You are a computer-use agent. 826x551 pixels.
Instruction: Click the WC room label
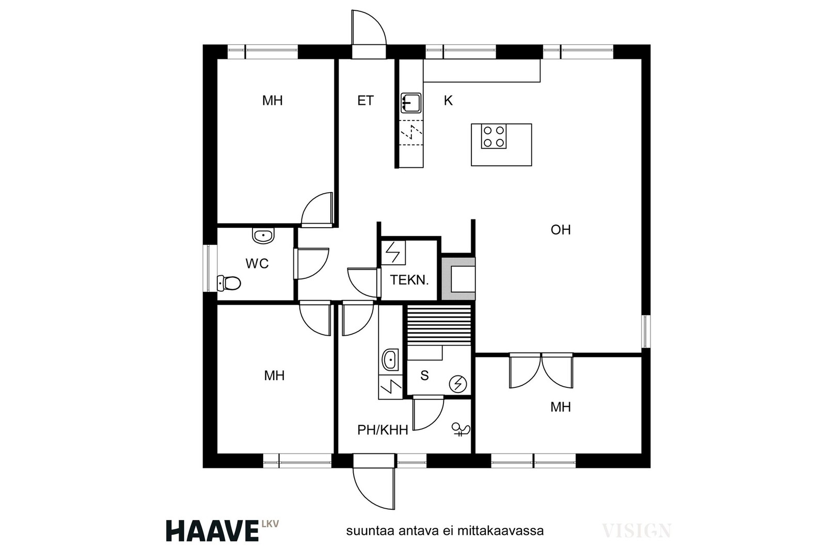[257, 263]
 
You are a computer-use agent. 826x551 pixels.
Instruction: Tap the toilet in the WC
[229, 283]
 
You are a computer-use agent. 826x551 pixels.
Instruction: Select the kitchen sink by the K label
[411, 103]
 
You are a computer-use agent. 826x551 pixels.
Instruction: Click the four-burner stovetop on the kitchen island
[494, 136]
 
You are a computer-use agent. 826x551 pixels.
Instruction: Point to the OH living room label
[561, 230]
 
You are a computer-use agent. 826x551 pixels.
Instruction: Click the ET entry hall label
[366, 100]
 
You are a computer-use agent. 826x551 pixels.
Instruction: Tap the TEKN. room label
[409, 280]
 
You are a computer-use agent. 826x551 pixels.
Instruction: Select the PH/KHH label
[383, 430]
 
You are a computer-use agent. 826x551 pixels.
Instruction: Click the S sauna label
[424, 375]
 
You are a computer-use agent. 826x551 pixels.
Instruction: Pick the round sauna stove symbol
[458, 384]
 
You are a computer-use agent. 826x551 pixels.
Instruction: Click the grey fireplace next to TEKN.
[458, 278]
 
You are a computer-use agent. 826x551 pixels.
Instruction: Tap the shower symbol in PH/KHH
[461, 430]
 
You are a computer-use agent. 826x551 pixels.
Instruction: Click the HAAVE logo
[212, 530]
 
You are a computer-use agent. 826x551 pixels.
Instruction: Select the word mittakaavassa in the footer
[500, 531]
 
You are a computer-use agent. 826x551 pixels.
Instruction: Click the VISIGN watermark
[637, 530]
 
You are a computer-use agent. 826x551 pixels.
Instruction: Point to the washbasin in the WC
[263, 235]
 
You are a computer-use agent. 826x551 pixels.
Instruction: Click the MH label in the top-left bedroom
[273, 100]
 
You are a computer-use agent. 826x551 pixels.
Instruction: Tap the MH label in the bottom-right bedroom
[561, 407]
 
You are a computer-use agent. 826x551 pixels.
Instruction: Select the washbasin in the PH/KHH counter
[390, 359]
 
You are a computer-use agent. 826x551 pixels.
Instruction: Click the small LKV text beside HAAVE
[271, 523]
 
